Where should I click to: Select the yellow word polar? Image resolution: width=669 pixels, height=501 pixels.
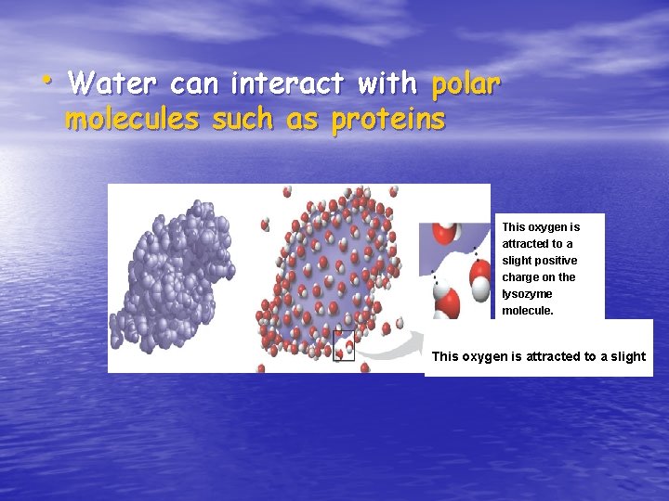coord(466,85)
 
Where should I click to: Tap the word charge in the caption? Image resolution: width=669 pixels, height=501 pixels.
coord(520,276)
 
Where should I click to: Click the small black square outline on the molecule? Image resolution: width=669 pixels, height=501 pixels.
coord(344,345)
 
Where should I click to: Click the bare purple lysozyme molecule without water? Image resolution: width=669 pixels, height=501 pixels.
coord(180,269)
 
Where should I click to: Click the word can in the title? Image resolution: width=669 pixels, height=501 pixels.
coord(194,84)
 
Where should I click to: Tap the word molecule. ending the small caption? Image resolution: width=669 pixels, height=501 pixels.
coord(528,310)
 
